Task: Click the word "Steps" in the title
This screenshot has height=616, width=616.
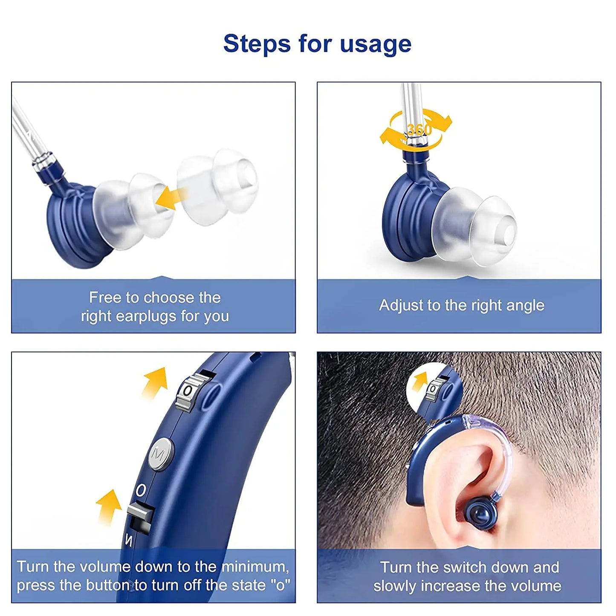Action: pos(257,44)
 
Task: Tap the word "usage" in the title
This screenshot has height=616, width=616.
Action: pos(376,44)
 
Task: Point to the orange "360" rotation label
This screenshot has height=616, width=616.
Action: pos(420,130)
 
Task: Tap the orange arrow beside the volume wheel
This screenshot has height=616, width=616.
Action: pos(155,382)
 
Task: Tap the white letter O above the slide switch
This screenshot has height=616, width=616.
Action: pos(141,490)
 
